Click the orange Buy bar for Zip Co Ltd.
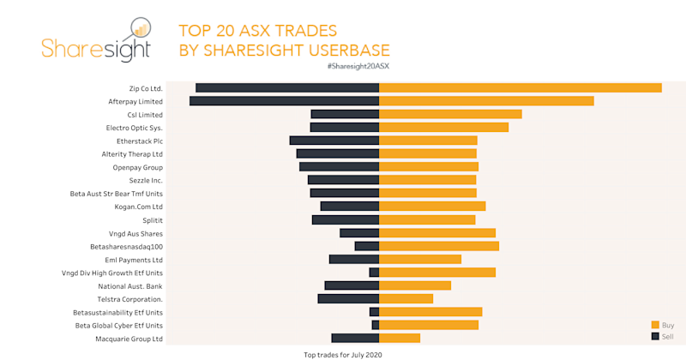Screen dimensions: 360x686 pyautogui.click(x=520, y=87)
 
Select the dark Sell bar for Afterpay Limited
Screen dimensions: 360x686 pyautogui.click(x=284, y=101)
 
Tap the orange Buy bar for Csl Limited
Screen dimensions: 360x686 pyautogui.click(x=450, y=114)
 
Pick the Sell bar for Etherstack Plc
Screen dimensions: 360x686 pyautogui.click(x=334, y=141)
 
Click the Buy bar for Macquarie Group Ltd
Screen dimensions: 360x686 pyautogui.click(x=400, y=339)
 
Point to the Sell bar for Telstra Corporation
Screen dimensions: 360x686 pyautogui.click(x=348, y=299)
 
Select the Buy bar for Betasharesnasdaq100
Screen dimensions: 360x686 pyautogui.click(x=439, y=246)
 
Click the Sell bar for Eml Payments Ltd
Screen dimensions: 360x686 pyautogui.click(x=354, y=259)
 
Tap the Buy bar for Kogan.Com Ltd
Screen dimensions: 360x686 pyautogui.click(x=432, y=207)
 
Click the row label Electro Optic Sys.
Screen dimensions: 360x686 pyautogui.click(x=134, y=128)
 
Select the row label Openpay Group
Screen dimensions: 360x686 pyautogui.click(x=138, y=167)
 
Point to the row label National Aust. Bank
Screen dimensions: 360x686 pyautogui.click(x=130, y=286)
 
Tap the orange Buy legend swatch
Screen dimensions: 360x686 pyautogui.click(x=655, y=325)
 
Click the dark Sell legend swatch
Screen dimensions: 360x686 pyautogui.click(x=655, y=336)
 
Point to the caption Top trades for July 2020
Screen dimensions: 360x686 pyautogui.click(x=342, y=354)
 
